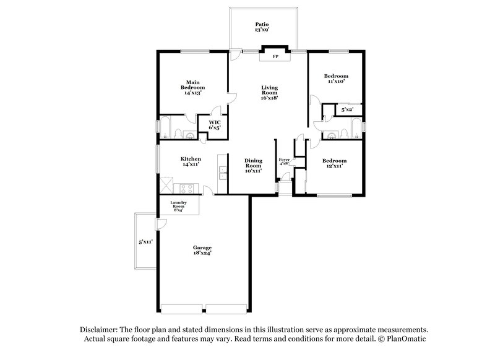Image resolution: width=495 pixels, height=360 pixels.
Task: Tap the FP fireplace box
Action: click(x=275, y=57)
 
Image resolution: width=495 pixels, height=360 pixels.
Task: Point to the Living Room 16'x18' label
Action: click(x=269, y=93)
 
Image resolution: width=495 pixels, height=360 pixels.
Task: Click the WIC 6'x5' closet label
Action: click(x=215, y=124)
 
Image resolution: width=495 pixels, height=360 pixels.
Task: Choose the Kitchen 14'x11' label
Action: click(x=191, y=161)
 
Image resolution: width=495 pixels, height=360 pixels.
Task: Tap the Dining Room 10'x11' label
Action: click(x=254, y=165)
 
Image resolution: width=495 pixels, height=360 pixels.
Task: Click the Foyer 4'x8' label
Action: click(x=285, y=162)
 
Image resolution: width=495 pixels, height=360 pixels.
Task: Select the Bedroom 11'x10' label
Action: click(x=336, y=78)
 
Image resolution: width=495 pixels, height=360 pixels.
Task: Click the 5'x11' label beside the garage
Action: click(x=145, y=242)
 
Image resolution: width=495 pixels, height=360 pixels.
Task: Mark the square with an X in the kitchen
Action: click(x=166, y=185)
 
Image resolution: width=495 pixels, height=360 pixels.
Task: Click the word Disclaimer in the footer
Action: click(x=97, y=330)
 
